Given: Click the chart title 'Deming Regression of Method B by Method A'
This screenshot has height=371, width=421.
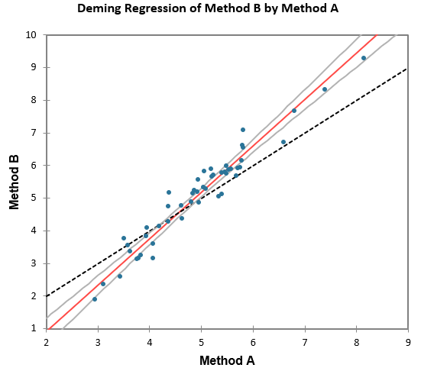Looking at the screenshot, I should pyautogui.click(x=209, y=10).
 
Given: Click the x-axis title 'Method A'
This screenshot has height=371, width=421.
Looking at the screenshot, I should pyautogui.click(x=227, y=359).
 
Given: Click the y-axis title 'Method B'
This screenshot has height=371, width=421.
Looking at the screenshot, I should pyautogui.click(x=14, y=182).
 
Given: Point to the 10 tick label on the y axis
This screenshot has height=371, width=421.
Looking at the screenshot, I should pyautogui.click(x=31, y=35).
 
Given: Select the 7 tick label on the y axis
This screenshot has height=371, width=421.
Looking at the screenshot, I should pyautogui.click(x=34, y=133).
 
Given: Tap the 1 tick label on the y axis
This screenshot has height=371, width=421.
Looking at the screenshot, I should pyautogui.click(x=34, y=329).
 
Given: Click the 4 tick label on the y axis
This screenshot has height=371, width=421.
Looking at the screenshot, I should pyautogui.click(x=34, y=231).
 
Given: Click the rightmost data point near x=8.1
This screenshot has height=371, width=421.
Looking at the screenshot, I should pyautogui.click(x=364, y=58).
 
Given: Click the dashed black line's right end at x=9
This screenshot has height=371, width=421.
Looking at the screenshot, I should pyautogui.click(x=407, y=68).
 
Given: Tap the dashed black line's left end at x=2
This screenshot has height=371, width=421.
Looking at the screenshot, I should pyautogui.click(x=47, y=295).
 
